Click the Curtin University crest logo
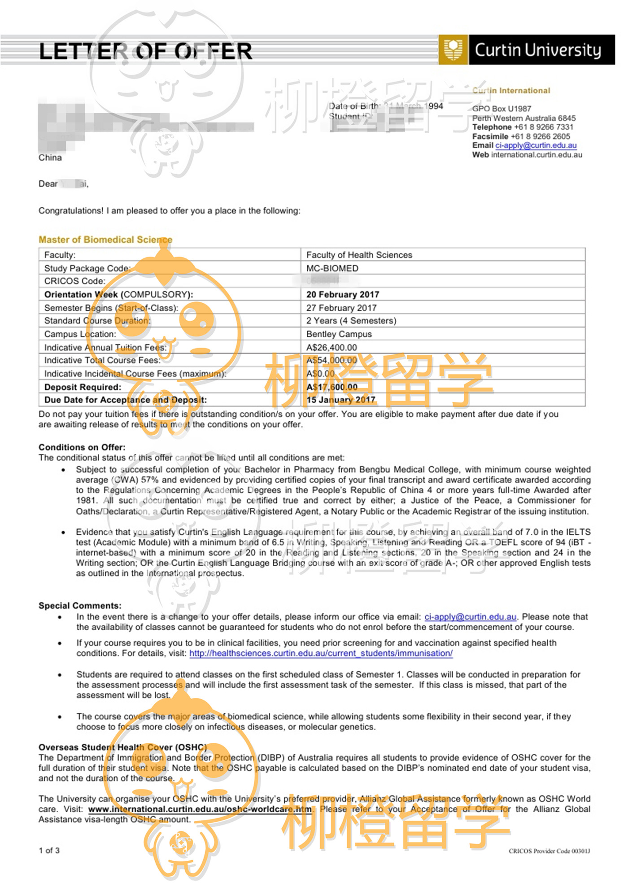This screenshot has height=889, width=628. [x=453, y=50]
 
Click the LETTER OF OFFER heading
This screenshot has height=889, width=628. [x=145, y=51]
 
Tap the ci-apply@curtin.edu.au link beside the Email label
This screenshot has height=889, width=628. [x=536, y=145]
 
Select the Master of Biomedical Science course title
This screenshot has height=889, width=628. [x=105, y=240]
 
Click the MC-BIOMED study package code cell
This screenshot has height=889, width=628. [x=332, y=268]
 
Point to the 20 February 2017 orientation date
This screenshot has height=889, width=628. [x=343, y=295]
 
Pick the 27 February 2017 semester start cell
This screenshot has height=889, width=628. [x=341, y=308]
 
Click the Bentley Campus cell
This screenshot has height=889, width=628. [x=339, y=334]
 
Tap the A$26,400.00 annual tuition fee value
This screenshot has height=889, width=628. [x=331, y=348]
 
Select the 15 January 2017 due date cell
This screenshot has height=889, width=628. [x=341, y=400]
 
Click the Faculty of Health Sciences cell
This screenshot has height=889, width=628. [x=359, y=255]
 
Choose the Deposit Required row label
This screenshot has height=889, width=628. [x=83, y=387]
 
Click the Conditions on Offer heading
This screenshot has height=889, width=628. [x=82, y=447]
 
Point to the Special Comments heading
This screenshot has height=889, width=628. [x=80, y=606]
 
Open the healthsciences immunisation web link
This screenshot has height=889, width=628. [x=321, y=654]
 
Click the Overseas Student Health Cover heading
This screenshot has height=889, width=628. [x=122, y=747]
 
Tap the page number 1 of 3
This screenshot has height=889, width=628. [x=49, y=850]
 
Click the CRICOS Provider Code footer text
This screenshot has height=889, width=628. [x=549, y=851]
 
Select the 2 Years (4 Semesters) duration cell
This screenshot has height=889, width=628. [x=351, y=321]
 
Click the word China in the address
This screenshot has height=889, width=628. [x=50, y=158]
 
